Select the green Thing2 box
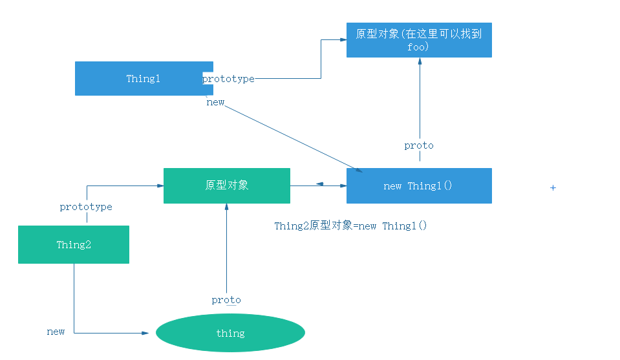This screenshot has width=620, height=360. (73, 244)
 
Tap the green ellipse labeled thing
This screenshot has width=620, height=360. (230, 334)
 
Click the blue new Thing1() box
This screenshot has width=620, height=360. (419, 185)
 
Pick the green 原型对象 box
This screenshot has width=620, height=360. (226, 185)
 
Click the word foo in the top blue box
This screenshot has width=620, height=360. (418, 47)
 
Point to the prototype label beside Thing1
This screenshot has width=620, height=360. (228, 79)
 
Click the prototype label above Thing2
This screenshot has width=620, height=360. (86, 207)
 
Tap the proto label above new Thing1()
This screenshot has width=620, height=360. (419, 145)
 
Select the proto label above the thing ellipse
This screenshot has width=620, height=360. (226, 300)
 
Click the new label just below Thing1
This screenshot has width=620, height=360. (215, 102)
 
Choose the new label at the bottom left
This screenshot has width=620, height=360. (56, 332)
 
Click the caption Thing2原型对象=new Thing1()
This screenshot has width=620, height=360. (350, 226)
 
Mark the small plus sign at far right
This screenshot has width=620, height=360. (553, 187)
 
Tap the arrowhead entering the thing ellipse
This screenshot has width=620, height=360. (145, 333)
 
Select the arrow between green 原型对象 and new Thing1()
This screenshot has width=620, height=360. (318, 185)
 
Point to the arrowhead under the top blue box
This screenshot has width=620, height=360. (420, 61)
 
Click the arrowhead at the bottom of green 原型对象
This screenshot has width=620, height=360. (226, 207)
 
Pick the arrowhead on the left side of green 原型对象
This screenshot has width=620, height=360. (160, 185)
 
